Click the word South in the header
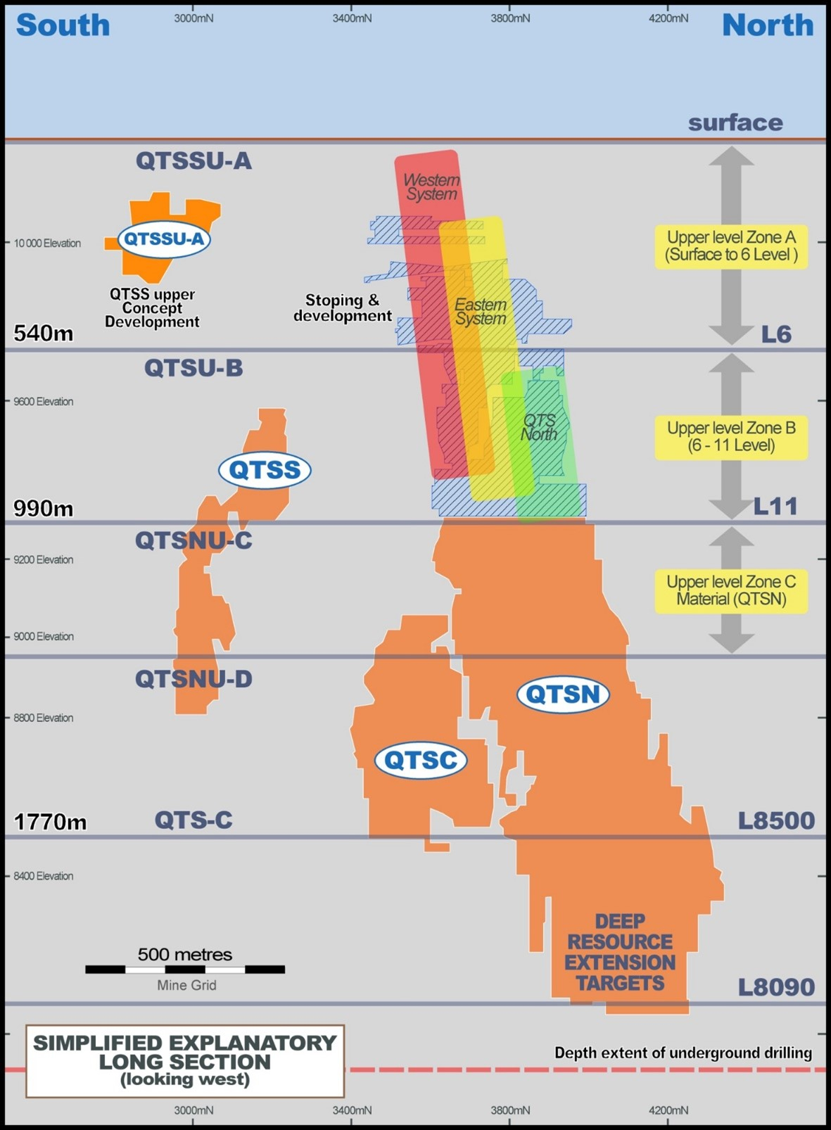[63, 25]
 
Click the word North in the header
[768, 25]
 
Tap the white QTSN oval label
[563, 694]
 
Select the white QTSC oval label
[421, 760]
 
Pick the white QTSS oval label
[265, 470]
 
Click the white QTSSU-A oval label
[164, 239]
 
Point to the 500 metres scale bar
[185, 969]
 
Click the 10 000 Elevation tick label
[47, 243]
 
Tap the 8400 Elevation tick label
[44, 876]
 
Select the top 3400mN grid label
[353, 19]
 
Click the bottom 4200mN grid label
[668, 1110]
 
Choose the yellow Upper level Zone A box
[731, 247]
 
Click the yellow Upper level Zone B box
[731, 438]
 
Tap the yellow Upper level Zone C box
[731, 591]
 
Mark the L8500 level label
[777, 821]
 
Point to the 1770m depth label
[50, 822]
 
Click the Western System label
[432, 187]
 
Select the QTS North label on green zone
[539, 427]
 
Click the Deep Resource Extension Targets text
[620, 952]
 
